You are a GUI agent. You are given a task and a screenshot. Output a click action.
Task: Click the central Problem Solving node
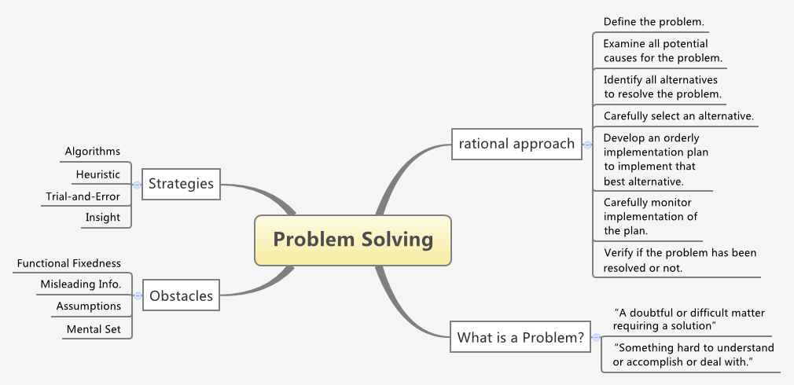pyautogui.click(x=353, y=239)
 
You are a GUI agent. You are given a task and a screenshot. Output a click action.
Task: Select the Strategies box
pyautogui.click(x=181, y=184)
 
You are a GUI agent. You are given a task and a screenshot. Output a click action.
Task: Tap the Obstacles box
pyautogui.click(x=181, y=296)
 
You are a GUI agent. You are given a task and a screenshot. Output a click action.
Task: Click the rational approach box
pyautogui.click(x=516, y=144)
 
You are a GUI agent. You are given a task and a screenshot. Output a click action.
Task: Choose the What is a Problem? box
pyautogui.click(x=520, y=338)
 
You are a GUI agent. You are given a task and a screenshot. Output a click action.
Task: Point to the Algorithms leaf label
pyautogui.click(x=93, y=151)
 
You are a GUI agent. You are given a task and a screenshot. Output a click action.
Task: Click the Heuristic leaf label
pyautogui.click(x=98, y=174)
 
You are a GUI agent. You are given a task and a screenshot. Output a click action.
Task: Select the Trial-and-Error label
pyautogui.click(x=83, y=196)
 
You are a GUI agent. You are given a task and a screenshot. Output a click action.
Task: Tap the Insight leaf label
pyautogui.click(x=103, y=218)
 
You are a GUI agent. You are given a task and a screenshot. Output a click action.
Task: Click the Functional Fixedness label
pyautogui.click(x=69, y=263)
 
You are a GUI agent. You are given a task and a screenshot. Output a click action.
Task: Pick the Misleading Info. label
pyautogui.click(x=81, y=284)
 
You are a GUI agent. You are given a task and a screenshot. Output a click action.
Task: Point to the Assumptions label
pyautogui.click(x=89, y=306)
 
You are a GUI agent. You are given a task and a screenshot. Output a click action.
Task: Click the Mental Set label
pyautogui.click(x=94, y=329)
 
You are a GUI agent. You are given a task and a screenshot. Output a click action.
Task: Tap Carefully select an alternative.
pyautogui.click(x=678, y=115)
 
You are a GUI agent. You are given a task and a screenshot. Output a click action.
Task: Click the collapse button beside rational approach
pyautogui.click(x=586, y=144)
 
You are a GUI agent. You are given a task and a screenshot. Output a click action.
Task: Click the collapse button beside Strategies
pyautogui.click(x=138, y=185)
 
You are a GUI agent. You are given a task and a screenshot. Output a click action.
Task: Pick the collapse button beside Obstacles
pyautogui.click(x=138, y=296)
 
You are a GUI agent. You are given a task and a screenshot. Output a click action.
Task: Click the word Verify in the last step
pyautogui.click(x=618, y=253)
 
